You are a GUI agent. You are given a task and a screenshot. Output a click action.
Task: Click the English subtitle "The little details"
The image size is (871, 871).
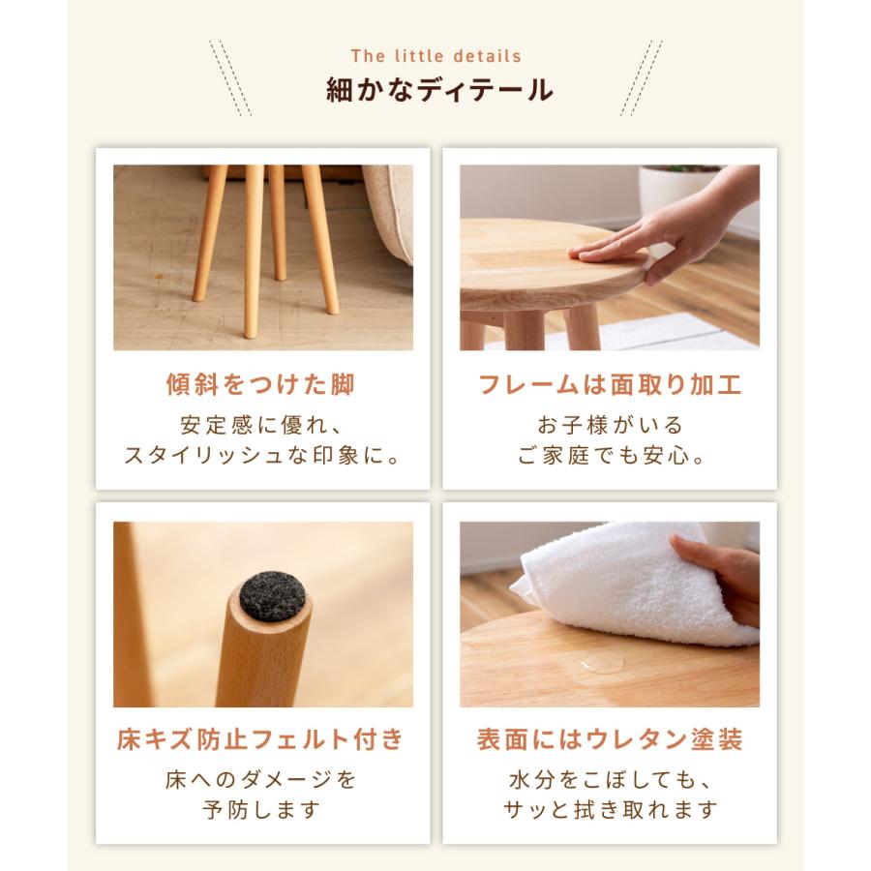[x=435, y=56]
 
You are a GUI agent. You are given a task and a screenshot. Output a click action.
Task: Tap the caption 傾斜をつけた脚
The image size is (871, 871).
[x=261, y=385]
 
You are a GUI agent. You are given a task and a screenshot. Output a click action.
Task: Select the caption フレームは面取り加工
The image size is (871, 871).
[x=610, y=385]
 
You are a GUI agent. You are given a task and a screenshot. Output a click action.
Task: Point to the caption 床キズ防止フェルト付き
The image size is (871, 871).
[x=261, y=741]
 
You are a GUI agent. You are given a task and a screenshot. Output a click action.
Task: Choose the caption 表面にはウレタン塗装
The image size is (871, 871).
[x=610, y=741]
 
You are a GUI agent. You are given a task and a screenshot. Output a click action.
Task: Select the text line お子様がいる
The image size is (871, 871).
[x=610, y=425]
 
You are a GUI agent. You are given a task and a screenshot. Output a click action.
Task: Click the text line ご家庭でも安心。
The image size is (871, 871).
[x=610, y=455]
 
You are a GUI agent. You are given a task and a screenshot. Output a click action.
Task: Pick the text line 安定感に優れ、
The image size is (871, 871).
[x=261, y=425]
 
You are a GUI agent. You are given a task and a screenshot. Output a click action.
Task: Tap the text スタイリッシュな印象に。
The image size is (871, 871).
[x=261, y=455]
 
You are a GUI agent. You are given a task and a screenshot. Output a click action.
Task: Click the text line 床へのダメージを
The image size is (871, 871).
[x=261, y=779]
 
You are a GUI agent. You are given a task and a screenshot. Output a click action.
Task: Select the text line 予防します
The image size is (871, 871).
[x=261, y=809]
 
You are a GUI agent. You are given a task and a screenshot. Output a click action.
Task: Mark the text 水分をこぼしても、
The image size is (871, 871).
[x=610, y=779]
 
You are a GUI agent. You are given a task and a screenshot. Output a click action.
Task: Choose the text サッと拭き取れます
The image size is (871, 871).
[x=610, y=809]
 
